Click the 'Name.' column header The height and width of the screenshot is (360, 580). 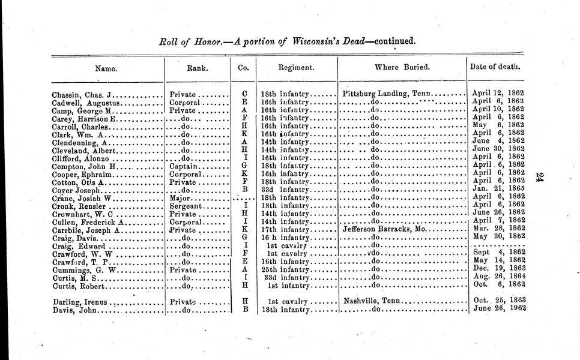pos(107,68)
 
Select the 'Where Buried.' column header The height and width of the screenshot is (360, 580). pos(402,68)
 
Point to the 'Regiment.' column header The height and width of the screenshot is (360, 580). pos(296,68)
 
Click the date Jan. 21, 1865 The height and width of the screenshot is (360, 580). pos(500,189)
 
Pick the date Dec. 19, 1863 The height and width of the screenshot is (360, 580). pos(500,268)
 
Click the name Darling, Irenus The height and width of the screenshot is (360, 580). pos(80,302)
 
